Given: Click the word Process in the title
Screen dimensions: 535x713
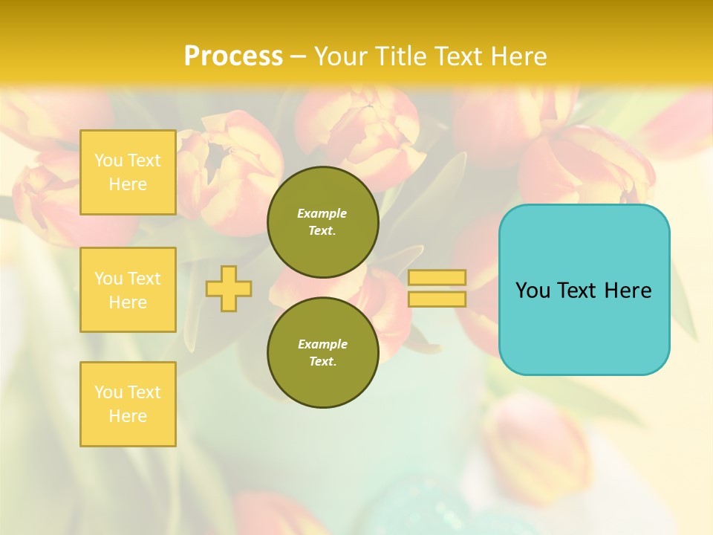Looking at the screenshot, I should [233, 56].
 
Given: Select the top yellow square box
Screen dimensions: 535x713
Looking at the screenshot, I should [128, 172].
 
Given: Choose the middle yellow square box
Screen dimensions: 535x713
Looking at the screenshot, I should [128, 290].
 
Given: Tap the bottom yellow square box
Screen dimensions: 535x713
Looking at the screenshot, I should [128, 403].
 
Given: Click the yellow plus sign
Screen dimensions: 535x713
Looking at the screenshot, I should [229, 288].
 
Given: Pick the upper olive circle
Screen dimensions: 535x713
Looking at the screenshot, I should [322, 222].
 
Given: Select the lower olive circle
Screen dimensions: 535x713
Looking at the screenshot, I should [322, 353].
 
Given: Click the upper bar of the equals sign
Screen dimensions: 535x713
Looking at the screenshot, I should [437, 277].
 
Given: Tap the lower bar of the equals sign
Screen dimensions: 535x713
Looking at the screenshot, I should [437, 299].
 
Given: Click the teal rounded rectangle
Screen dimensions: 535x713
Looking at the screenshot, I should [584, 327].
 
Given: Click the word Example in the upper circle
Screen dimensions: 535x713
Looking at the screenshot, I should [322, 214].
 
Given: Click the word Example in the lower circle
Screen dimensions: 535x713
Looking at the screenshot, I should [322, 345].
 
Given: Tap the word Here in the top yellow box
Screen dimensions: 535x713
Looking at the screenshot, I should [128, 184].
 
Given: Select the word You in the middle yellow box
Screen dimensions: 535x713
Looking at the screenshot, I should [108, 279].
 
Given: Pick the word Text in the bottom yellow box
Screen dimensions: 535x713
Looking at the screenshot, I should [143, 392].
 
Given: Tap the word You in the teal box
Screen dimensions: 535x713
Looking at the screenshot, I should [533, 291].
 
